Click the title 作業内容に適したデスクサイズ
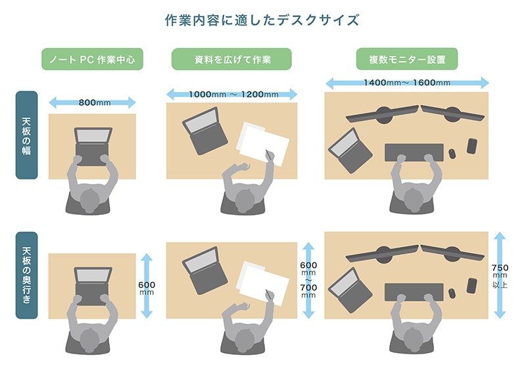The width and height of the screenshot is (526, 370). [262, 20]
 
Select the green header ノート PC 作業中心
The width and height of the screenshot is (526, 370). [92, 60]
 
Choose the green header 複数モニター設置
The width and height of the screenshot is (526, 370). [407, 60]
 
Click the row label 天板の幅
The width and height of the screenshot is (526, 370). [26, 135]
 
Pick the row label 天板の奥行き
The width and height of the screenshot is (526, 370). [26, 275]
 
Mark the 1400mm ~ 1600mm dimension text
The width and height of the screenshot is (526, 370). [406, 83]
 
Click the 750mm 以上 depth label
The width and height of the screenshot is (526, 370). [500, 276]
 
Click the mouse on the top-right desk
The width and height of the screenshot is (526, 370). [452, 154]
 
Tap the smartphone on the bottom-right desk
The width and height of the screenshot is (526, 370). [471, 285]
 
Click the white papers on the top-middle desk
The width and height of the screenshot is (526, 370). [263, 143]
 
